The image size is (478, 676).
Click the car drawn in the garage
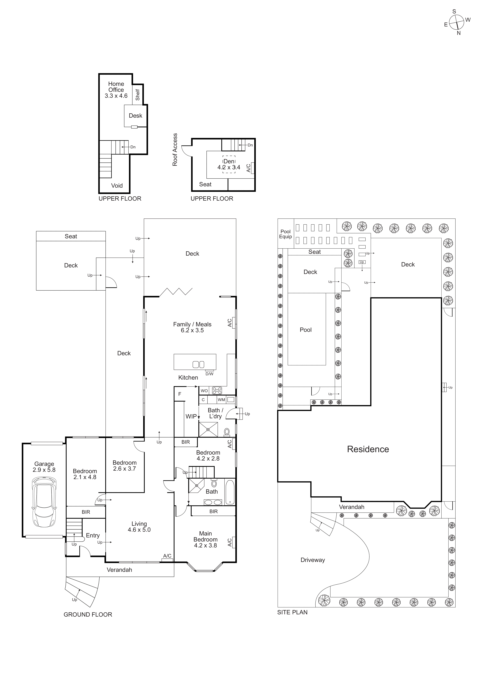[x=44, y=502]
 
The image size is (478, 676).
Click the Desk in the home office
[x=135, y=116]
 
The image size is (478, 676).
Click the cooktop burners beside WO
[x=217, y=391]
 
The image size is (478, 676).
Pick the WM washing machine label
[x=221, y=400]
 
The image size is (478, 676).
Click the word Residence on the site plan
[x=368, y=449]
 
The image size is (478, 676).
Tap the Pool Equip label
[x=285, y=234]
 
